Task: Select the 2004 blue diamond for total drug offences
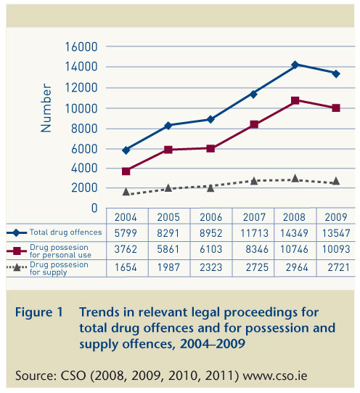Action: (127, 150)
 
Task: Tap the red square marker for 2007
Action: (253, 124)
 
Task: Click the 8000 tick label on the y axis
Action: (85, 128)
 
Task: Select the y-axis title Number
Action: (46, 108)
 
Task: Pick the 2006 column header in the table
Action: (210, 216)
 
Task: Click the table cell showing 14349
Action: (295, 232)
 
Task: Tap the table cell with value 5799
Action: (126, 232)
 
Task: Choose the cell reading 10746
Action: (295, 249)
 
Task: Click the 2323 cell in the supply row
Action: (210, 266)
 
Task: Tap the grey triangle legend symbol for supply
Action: (17, 266)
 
